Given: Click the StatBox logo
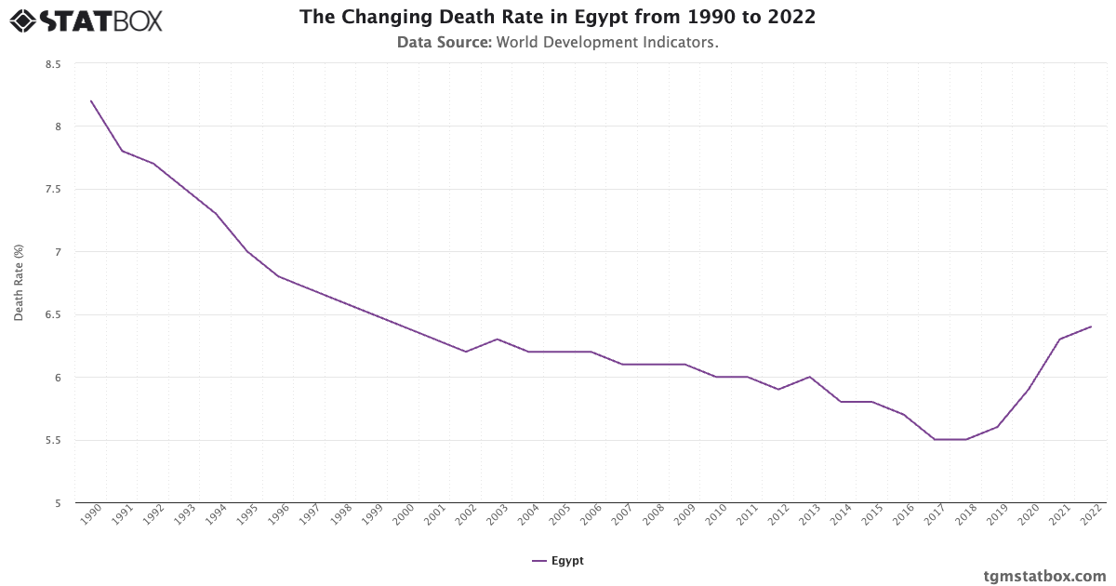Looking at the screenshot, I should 86,20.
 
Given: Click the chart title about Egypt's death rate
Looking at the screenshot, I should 557,18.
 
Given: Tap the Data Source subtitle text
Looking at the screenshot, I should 557,43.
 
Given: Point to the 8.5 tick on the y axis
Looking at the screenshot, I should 52,64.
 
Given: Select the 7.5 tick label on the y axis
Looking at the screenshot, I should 52,190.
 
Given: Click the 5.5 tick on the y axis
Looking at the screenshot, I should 52,441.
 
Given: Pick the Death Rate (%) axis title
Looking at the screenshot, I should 19,283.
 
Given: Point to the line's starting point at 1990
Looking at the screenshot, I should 91,100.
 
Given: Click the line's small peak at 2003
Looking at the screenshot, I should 498,339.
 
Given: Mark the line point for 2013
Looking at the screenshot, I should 810,377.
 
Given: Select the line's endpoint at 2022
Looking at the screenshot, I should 1091,326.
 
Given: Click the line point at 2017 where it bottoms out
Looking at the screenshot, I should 935,439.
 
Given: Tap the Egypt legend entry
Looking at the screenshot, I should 558,561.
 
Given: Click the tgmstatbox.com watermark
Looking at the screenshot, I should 1044,576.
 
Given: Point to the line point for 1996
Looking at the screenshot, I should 279,276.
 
